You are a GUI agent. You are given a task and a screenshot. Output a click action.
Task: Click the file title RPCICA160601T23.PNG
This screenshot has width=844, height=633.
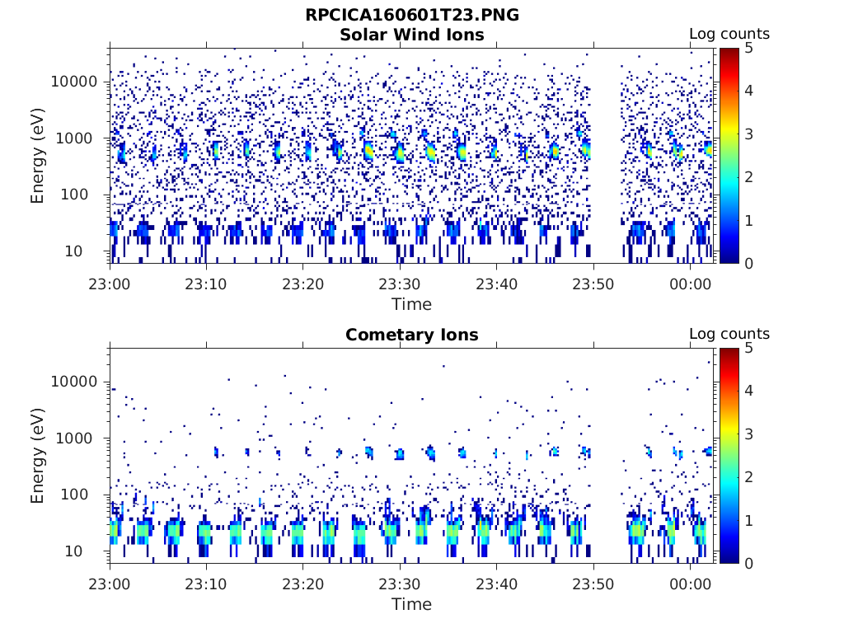pos(411,15)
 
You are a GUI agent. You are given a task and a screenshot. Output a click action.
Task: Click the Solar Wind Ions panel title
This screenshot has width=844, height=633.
pos(411,35)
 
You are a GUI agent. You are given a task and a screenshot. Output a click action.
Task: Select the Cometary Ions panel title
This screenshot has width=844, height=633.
pos(411,335)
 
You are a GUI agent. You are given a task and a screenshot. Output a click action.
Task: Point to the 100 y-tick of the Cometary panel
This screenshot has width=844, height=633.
pos(83,495)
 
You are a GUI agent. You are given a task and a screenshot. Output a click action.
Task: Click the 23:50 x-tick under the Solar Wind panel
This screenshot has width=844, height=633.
pos(593,284)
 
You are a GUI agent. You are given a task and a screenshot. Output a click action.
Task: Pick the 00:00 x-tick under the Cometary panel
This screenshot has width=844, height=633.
pos(690,584)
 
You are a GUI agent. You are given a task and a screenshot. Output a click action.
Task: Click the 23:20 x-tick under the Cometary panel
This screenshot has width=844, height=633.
pos(303,584)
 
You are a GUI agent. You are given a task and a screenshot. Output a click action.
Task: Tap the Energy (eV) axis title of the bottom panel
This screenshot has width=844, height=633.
pos(38,455)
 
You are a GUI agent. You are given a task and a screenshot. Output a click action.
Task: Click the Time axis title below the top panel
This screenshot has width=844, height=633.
pos(411,304)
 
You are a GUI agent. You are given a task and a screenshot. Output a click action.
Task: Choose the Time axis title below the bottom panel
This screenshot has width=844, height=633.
pos(411,604)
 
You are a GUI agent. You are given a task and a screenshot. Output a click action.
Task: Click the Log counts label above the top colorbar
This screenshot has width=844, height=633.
pos(729,35)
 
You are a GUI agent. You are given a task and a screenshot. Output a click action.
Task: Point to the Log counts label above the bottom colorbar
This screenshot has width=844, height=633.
pos(729,335)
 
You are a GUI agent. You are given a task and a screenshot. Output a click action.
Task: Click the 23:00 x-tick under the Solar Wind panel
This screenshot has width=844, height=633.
pos(110,284)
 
